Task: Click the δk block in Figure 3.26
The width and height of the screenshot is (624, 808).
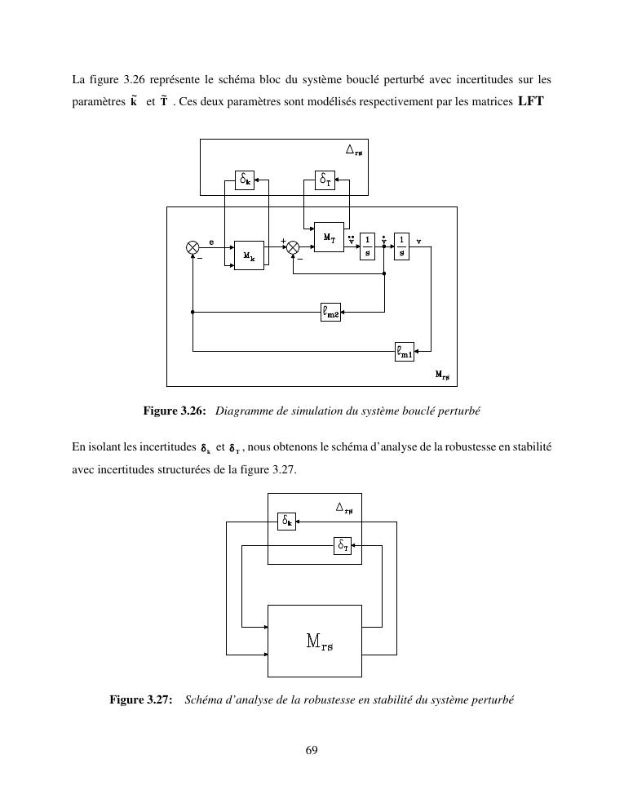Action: (245, 180)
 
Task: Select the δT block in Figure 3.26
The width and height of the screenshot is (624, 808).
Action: (325, 180)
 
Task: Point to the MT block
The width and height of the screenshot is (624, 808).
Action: (329, 237)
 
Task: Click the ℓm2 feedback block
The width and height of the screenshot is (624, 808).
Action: (331, 311)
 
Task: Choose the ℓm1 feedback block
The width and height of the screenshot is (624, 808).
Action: (405, 352)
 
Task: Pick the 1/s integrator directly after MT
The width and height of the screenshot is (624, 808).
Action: (368, 246)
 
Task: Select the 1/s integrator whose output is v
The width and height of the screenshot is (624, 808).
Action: (401, 246)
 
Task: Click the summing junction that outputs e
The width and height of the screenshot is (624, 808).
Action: (193, 246)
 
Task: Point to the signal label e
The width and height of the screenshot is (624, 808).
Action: (212, 242)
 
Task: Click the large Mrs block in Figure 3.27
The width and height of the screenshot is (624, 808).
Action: (315, 641)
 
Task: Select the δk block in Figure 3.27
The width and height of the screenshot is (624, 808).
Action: (286, 520)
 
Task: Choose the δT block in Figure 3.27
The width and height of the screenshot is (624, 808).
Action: (343, 546)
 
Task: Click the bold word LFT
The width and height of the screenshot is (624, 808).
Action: (530, 102)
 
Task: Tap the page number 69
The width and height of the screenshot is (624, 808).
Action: (312, 751)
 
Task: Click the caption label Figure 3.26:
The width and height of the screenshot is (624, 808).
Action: (175, 411)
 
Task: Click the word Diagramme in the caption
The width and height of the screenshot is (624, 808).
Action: (241, 411)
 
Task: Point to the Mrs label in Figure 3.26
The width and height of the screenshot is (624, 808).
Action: (441, 375)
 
